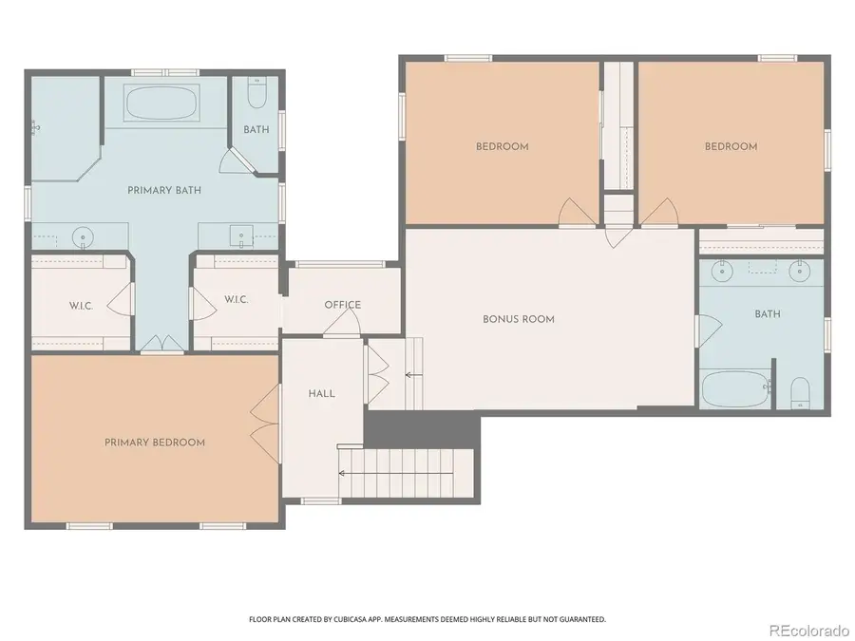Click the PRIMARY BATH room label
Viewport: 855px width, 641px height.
click(x=164, y=191)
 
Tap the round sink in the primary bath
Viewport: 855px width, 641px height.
click(x=84, y=235)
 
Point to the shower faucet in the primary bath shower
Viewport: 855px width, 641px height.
click(x=35, y=124)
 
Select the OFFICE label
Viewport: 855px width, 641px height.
click(x=342, y=305)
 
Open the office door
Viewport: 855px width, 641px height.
click(x=341, y=325)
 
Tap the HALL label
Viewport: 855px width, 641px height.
click(x=321, y=393)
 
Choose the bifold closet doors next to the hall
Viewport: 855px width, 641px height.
click(x=377, y=373)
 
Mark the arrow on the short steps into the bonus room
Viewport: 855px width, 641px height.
click(x=411, y=375)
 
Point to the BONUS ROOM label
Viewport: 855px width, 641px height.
click(x=518, y=319)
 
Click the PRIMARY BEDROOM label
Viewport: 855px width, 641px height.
click(x=155, y=443)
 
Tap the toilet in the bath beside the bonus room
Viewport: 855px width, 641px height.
click(x=800, y=391)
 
